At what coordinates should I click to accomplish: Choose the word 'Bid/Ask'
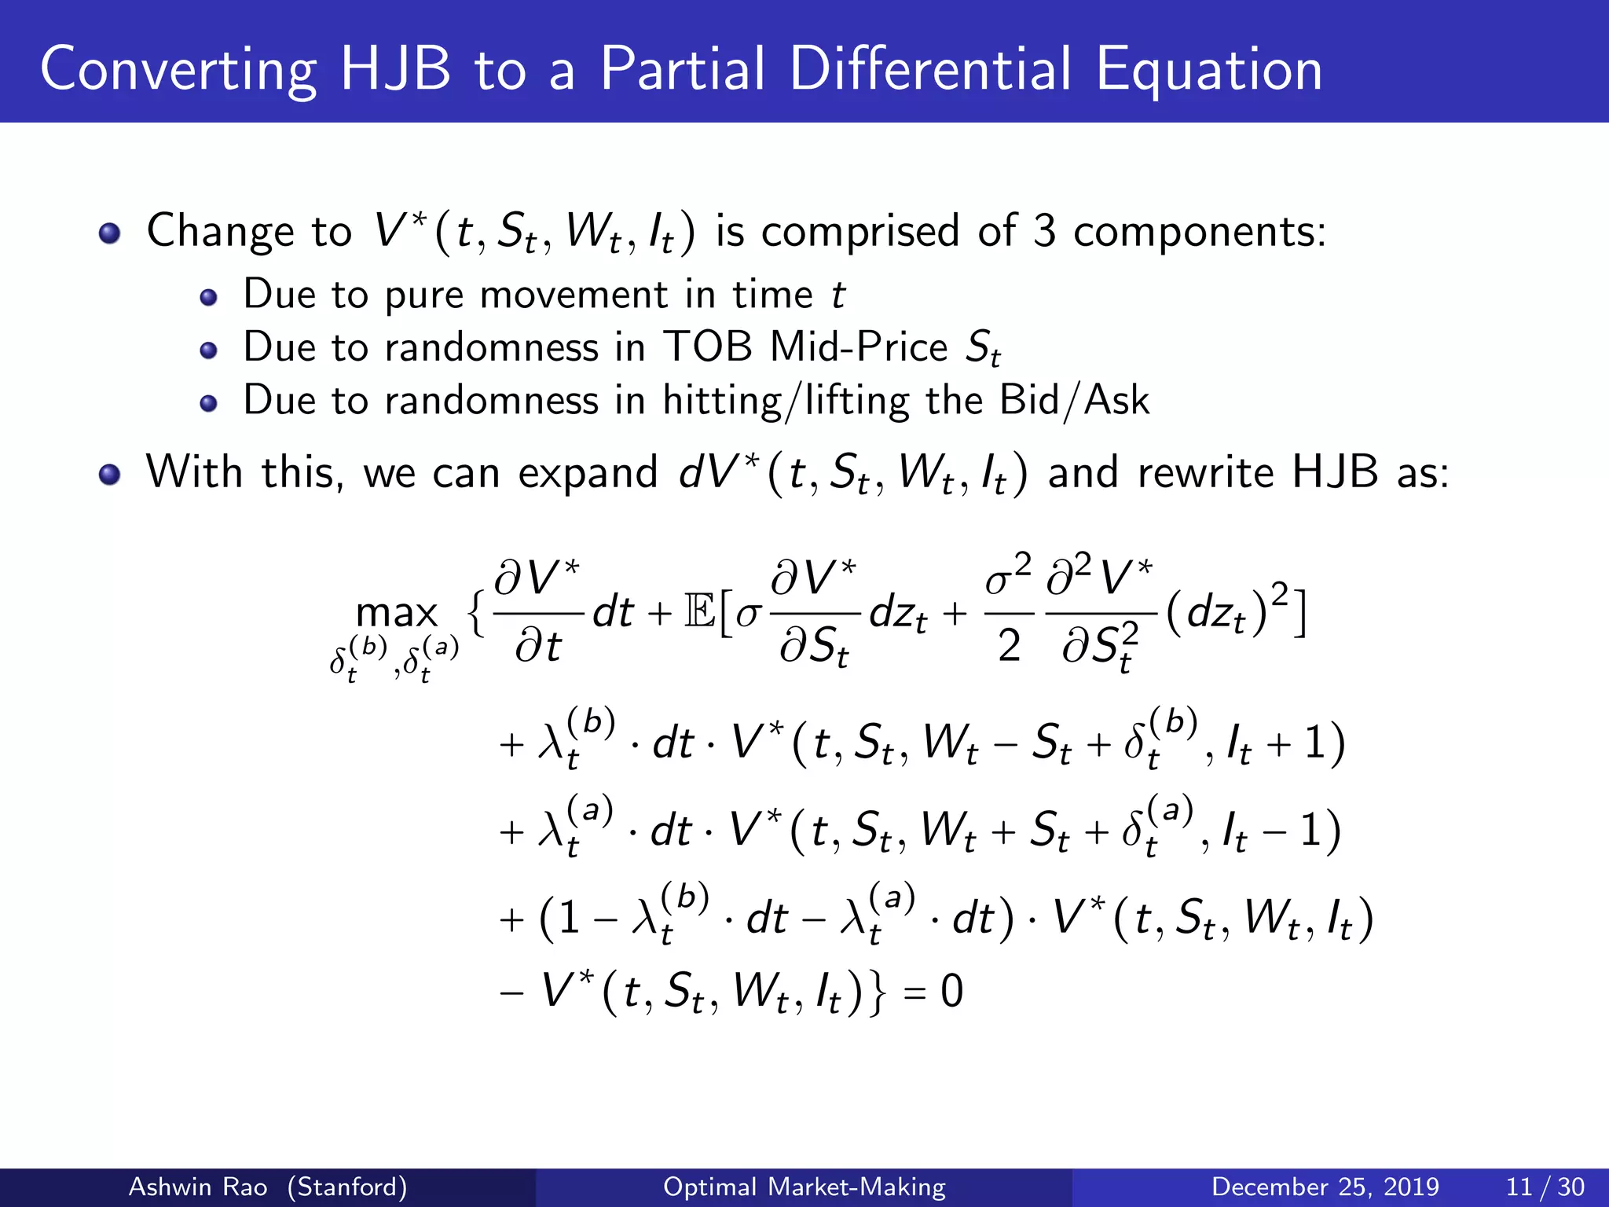click(x=1074, y=401)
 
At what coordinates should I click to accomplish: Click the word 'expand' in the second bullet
click(x=587, y=474)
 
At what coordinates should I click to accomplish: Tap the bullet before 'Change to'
click(x=110, y=233)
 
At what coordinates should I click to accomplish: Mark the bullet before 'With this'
click(x=110, y=475)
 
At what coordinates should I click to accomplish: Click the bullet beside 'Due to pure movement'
click(x=208, y=297)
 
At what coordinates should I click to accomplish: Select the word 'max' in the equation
click(x=396, y=613)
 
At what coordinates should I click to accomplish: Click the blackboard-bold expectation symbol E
click(x=699, y=611)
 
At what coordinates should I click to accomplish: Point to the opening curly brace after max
click(x=475, y=613)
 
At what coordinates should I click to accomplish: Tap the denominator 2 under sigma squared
click(x=1009, y=646)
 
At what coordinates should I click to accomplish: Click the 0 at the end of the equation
click(x=951, y=991)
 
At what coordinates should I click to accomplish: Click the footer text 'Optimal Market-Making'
click(x=804, y=1187)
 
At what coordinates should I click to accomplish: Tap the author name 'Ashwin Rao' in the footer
click(x=198, y=1187)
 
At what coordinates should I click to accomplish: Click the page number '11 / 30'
click(x=1545, y=1187)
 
